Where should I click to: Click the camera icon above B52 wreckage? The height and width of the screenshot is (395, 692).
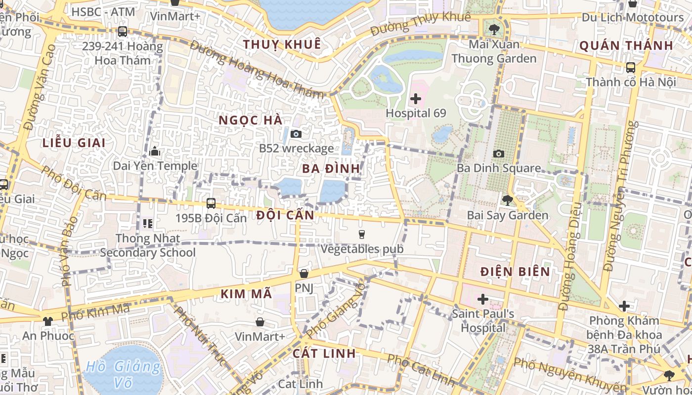pyautogui.click(x=296, y=134)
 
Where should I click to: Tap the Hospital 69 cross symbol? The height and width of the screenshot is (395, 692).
pyautogui.click(x=416, y=99)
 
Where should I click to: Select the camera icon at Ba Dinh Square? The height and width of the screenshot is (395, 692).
pyautogui.click(x=499, y=154)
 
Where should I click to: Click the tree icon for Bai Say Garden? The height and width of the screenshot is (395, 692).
pyautogui.click(x=507, y=200)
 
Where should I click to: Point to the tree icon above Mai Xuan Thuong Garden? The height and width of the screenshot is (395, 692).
pyautogui.click(x=494, y=30)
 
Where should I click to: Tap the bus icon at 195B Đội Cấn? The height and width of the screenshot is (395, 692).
pyautogui.click(x=211, y=203)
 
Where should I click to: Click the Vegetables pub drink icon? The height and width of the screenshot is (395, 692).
pyautogui.click(x=362, y=235)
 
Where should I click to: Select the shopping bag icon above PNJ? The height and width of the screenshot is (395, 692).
pyautogui.click(x=304, y=273)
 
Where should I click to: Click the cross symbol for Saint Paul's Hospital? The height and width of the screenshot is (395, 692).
pyautogui.click(x=483, y=299)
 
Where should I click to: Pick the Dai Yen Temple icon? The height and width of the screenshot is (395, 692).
pyautogui.click(x=155, y=151)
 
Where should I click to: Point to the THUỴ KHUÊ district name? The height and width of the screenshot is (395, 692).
pyautogui.click(x=282, y=44)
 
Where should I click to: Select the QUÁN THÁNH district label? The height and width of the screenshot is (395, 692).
pyautogui.click(x=626, y=46)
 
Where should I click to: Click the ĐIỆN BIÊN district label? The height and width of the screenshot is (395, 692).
pyautogui.click(x=515, y=272)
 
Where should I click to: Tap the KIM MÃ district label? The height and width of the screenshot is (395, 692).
pyautogui.click(x=246, y=294)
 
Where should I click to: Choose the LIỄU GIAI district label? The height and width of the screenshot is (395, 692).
pyautogui.click(x=74, y=143)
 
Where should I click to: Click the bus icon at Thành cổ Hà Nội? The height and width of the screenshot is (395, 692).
pyautogui.click(x=630, y=67)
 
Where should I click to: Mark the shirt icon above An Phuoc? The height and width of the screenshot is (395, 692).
pyautogui.click(x=47, y=321)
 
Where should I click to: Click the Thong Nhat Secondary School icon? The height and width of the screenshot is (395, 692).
pyautogui.click(x=147, y=224)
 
